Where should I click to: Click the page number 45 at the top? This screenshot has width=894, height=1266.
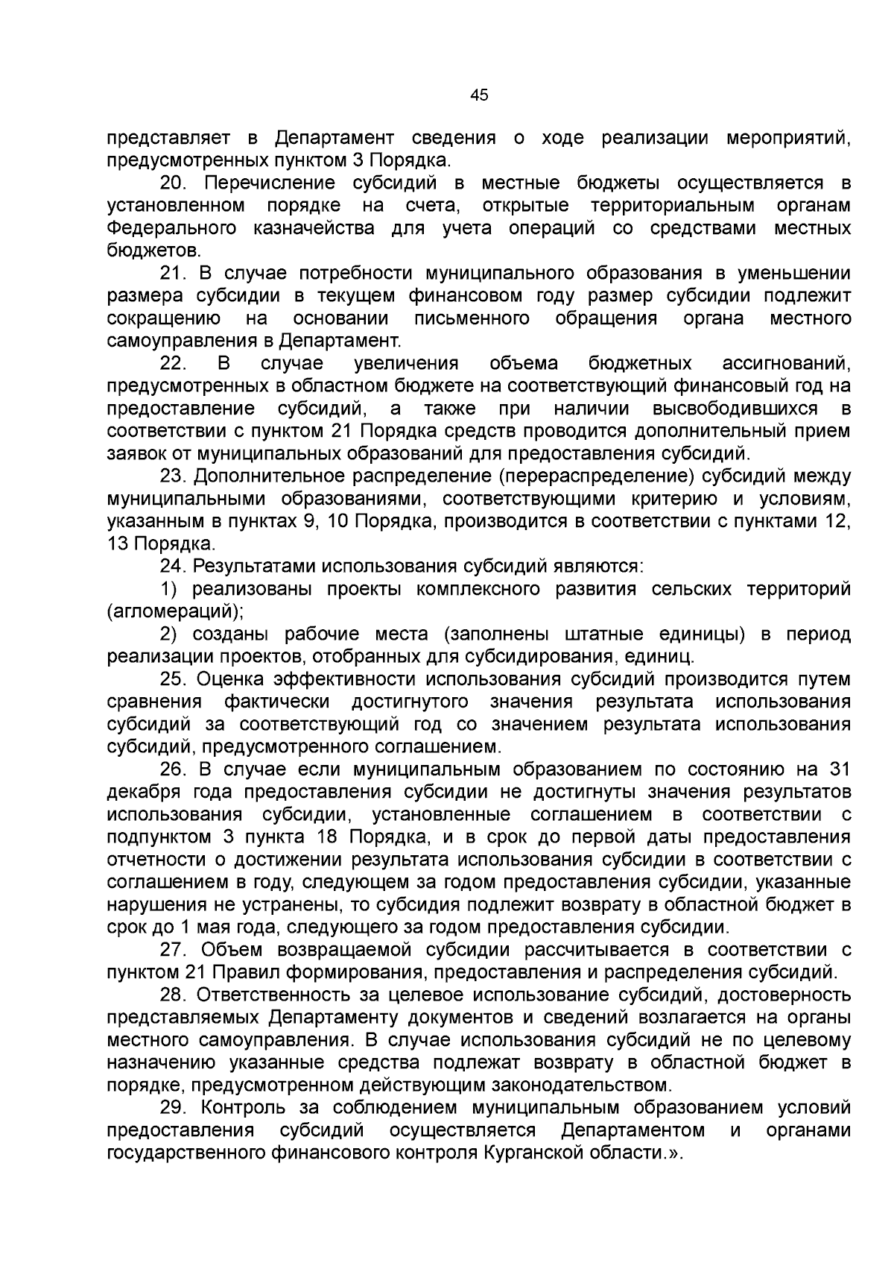[479, 95]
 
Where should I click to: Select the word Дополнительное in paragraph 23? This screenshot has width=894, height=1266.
[272, 477]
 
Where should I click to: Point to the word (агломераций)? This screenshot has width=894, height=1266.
[175, 612]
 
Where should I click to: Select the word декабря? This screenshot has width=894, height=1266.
[139, 793]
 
